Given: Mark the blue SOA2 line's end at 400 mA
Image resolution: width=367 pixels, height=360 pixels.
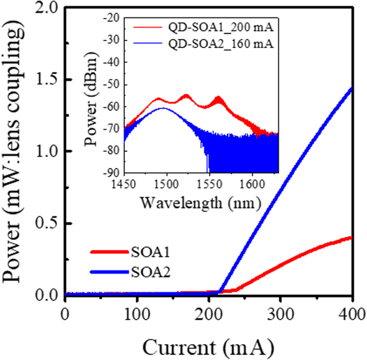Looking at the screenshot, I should coord(351,88).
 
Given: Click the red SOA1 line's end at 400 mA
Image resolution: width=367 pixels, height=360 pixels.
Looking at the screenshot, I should coord(351,238).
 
